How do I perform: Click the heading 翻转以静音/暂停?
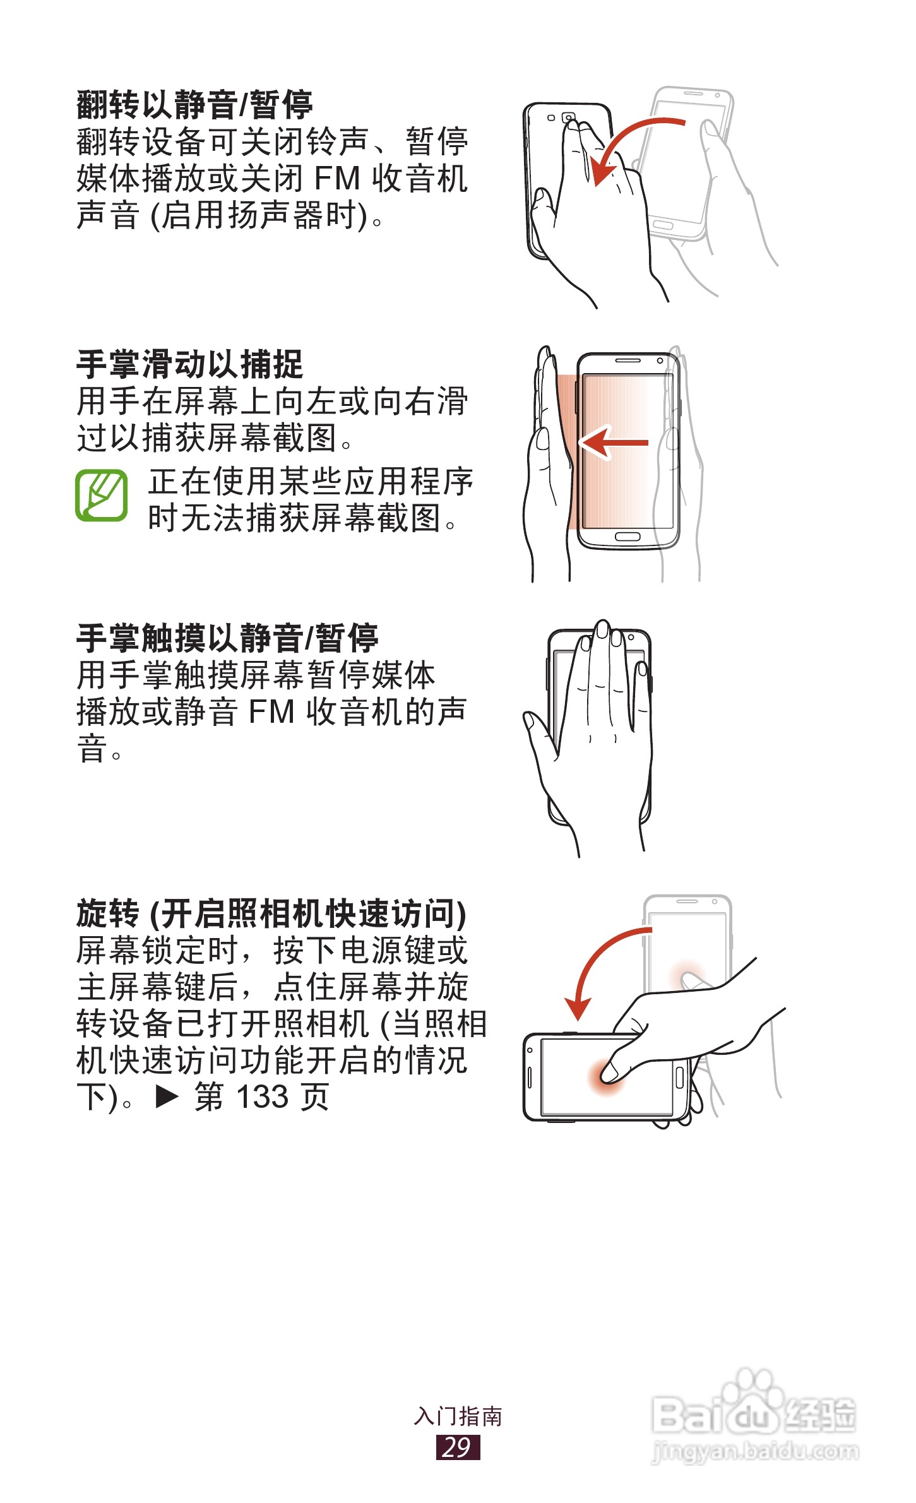point(194,105)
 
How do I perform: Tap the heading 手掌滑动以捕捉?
point(189,364)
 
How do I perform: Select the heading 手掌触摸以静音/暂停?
point(227,638)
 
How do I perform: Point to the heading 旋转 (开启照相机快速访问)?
point(271,913)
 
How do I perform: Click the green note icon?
point(101,496)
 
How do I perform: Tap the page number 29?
point(458,1447)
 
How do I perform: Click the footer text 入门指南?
point(458,1416)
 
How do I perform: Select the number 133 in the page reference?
point(262,1097)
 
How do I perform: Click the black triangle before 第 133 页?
point(167,1097)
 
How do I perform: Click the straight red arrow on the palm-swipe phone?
point(614,443)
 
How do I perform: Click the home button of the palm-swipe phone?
point(628,537)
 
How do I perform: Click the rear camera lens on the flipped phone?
point(568,118)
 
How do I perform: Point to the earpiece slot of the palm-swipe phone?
point(628,360)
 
